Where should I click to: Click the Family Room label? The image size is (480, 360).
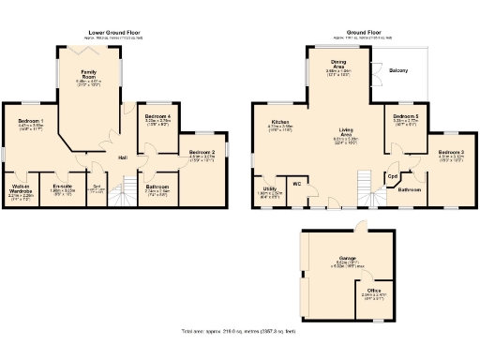click(x=89, y=72)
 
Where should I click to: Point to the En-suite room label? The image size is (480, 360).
click(x=64, y=187)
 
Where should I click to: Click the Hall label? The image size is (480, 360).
click(x=122, y=157)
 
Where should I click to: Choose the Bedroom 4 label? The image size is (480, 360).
click(x=157, y=115)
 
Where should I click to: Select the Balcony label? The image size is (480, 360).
click(x=398, y=69)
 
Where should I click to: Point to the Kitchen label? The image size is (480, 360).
click(x=280, y=122)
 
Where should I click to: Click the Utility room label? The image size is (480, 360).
click(x=269, y=188)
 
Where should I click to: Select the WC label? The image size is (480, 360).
click(x=296, y=184)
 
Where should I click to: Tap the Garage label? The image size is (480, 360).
click(x=347, y=257)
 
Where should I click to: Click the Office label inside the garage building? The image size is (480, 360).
click(x=374, y=291)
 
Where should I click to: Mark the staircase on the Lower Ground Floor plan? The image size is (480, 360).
click(x=120, y=195)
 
